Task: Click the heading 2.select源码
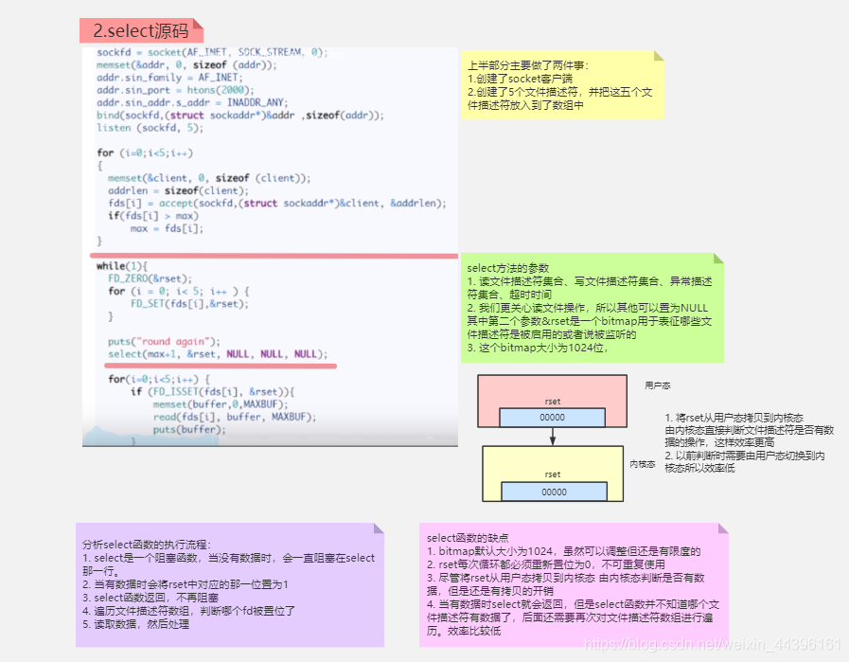coord(140,31)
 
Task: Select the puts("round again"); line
coord(164,341)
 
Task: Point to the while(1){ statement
coord(123,266)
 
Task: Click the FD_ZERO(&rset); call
coord(150,278)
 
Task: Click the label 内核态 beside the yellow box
coord(643,464)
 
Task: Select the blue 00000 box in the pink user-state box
coord(553,418)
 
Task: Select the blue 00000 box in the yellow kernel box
coord(554,492)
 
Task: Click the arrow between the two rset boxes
coord(553,436)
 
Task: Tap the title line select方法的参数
coord(508,268)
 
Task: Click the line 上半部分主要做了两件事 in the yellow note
coord(527,65)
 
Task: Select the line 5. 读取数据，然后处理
coord(136,624)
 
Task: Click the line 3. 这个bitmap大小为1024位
coord(537,348)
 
